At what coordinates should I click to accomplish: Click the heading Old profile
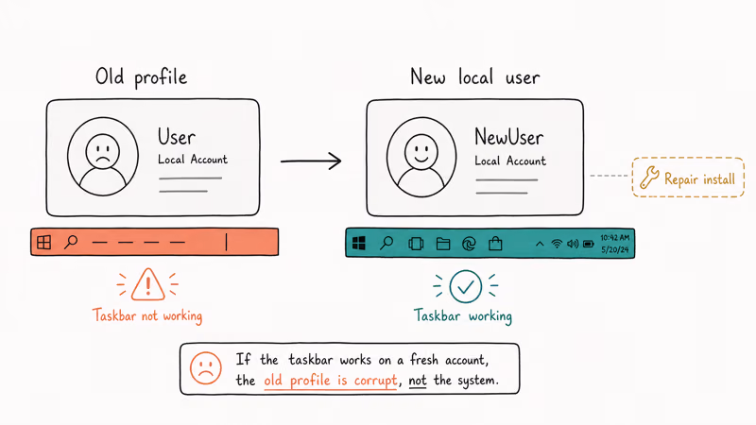pyautogui.click(x=141, y=77)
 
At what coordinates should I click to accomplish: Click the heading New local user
pyautogui.click(x=475, y=77)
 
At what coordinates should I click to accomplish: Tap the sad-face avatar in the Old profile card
pyautogui.click(x=103, y=157)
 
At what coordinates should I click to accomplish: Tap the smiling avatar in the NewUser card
pyautogui.click(x=421, y=157)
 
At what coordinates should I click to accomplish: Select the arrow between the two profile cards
pyautogui.click(x=311, y=161)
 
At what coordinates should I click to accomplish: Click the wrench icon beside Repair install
pyautogui.click(x=649, y=178)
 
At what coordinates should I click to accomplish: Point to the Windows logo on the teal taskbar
pyautogui.click(x=359, y=244)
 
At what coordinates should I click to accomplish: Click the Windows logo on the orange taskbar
pyautogui.click(x=43, y=242)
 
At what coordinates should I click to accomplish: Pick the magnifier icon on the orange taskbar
pyautogui.click(x=71, y=242)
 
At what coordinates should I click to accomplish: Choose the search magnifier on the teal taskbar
pyautogui.click(x=387, y=243)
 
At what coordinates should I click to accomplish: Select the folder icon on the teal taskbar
pyautogui.click(x=442, y=244)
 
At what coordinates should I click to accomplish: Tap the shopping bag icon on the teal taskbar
pyautogui.click(x=495, y=244)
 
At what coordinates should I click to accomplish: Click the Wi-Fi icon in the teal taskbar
pyautogui.click(x=557, y=244)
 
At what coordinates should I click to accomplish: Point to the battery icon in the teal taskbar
pyautogui.click(x=588, y=245)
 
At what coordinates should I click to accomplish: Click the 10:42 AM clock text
pyautogui.click(x=615, y=238)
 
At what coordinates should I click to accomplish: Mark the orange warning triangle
pyautogui.click(x=148, y=284)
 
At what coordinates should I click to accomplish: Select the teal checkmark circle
pyautogui.click(x=465, y=286)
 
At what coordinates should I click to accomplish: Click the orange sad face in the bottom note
pyautogui.click(x=206, y=368)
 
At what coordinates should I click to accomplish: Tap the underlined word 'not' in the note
pyautogui.click(x=418, y=381)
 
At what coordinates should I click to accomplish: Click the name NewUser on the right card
pyautogui.click(x=508, y=137)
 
